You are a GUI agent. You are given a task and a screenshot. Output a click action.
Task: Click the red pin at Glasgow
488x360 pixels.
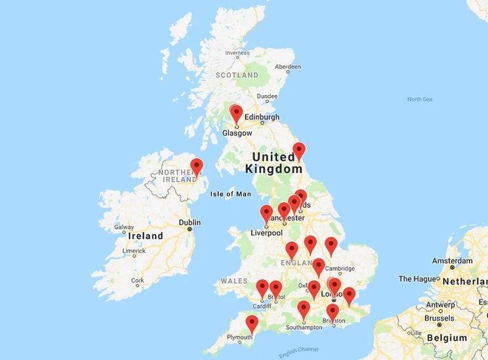pos(236,114)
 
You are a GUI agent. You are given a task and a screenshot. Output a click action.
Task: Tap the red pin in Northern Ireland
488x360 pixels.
pos(196,167)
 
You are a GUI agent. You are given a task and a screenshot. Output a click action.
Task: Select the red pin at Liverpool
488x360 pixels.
pos(266,214)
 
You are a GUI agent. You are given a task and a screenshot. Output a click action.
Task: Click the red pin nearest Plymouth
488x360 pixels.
pos(252,323)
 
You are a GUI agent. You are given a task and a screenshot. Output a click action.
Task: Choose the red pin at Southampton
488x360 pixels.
pos(303,309)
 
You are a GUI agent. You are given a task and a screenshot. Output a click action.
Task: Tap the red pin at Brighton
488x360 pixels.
pos(333,312)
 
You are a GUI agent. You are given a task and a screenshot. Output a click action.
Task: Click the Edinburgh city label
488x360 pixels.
pos(262,117)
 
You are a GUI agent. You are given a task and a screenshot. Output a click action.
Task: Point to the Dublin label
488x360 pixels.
pos(190,222)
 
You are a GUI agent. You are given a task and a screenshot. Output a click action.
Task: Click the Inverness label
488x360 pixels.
pos(237,53)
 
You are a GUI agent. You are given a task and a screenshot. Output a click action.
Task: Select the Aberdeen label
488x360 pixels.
pos(288,67)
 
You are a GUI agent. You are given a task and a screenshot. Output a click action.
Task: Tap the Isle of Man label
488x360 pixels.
pos(231,194)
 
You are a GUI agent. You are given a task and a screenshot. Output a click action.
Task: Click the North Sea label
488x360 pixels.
pos(419,100)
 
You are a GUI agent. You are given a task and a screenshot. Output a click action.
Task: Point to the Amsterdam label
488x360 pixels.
pos(452,261)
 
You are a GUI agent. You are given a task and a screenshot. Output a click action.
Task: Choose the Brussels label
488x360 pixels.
pos(439,318)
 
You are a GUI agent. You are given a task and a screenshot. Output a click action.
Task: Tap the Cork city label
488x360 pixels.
pos(137,281)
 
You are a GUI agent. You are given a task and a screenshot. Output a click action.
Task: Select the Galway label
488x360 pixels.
pos(123,228)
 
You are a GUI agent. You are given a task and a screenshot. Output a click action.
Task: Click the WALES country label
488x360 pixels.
pos(234,281)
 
